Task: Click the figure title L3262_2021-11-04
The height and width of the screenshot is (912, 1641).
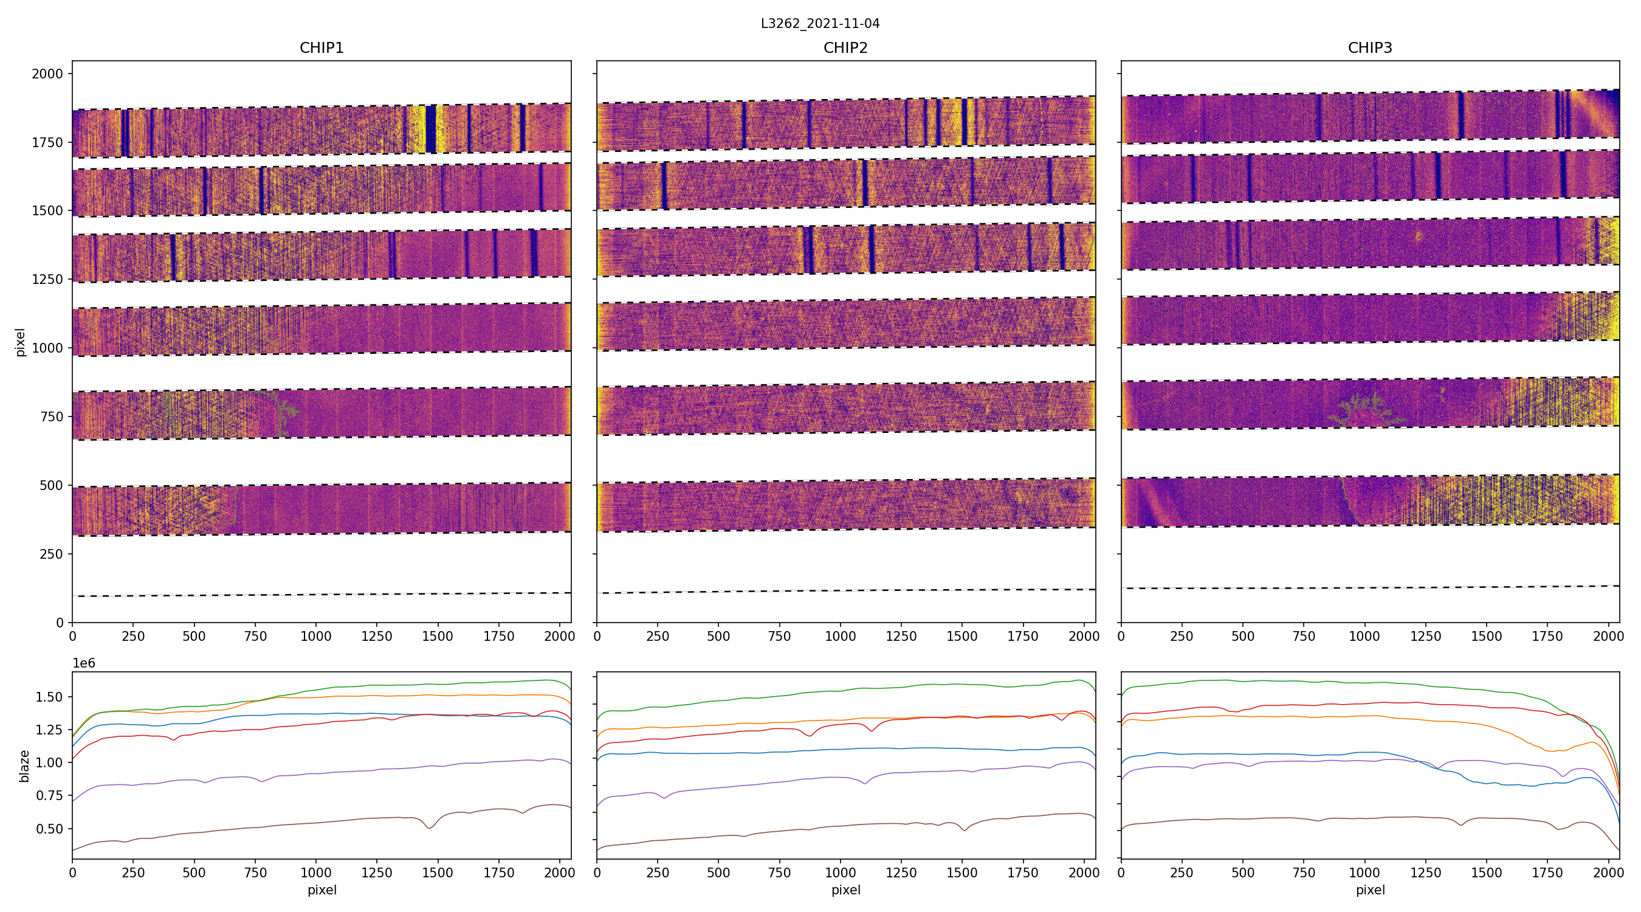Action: tap(820, 24)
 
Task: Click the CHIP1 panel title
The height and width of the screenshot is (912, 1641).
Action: tap(322, 48)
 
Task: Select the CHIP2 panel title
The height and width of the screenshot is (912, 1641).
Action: tap(845, 48)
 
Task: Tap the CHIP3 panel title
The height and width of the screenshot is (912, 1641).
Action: tap(1369, 48)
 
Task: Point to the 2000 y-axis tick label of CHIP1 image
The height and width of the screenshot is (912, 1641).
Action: tap(48, 74)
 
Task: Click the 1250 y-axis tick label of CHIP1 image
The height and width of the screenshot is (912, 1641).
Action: tap(48, 279)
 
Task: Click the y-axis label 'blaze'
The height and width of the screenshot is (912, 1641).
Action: tap(24, 765)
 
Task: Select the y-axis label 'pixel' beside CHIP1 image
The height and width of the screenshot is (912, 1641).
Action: tap(21, 342)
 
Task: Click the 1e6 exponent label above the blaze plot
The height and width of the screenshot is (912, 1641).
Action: tap(84, 663)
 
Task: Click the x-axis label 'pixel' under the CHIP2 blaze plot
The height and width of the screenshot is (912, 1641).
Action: tap(845, 890)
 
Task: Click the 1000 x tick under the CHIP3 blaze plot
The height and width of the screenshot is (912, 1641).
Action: tap(1364, 872)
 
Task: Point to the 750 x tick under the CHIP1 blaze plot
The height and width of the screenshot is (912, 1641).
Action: tap(255, 872)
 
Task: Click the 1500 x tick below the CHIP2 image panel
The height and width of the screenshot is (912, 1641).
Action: tap(962, 636)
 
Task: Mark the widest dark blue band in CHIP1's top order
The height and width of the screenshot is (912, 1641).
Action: tap(431, 129)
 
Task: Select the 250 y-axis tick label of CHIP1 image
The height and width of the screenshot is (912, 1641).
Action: tap(52, 554)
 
